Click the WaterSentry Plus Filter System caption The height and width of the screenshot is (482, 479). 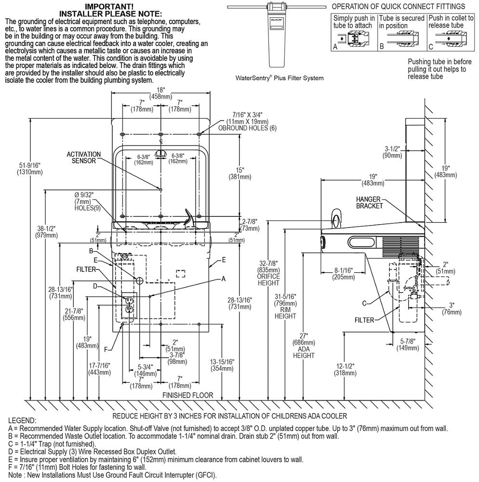(x=279, y=78)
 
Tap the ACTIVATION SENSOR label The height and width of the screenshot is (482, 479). (x=84, y=158)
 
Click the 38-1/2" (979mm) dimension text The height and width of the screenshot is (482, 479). (x=45, y=232)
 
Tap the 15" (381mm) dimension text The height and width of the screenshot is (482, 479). (x=239, y=174)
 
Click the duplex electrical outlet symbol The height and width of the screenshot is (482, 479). (x=129, y=305)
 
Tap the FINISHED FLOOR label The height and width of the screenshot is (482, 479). (x=188, y=395)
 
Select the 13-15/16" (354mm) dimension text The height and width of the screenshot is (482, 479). (x=223, y=365)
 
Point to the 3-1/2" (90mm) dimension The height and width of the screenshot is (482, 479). (x=393, y=152)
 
